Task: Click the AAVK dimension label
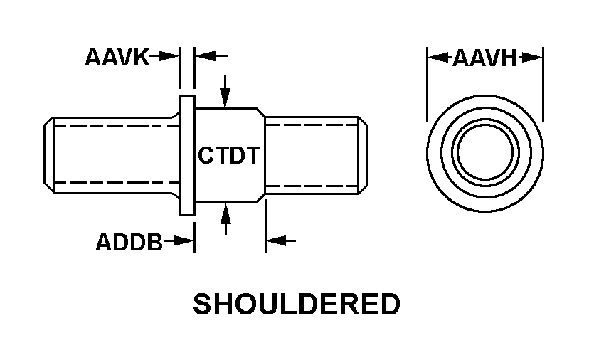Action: tap(117, 57)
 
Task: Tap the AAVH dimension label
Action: tap(484, 58)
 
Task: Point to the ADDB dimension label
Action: tap(129, 242)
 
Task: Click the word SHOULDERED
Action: tap(297, 304)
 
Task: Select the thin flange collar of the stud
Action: tap(187, 155)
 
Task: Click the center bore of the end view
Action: tap(484, 154)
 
